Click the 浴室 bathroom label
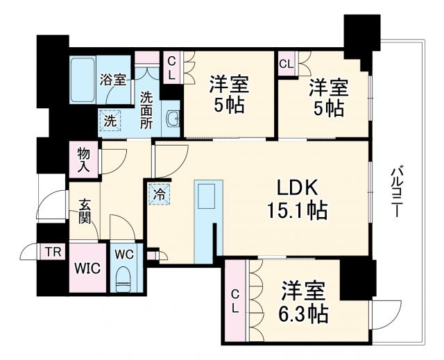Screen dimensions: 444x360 pyautogui.click(x=112, y=79)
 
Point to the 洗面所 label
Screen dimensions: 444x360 pyautogui.click(x=147, y=111)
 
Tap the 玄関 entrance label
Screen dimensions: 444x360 pyautogui.click(x=84, y=214)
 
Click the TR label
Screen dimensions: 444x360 pyautogui.click(x=52, y=250)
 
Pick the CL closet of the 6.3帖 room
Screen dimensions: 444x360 pyautogui.click(x=234, y=301)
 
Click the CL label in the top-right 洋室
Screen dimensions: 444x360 pyautogui.click(x=286, y=64)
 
